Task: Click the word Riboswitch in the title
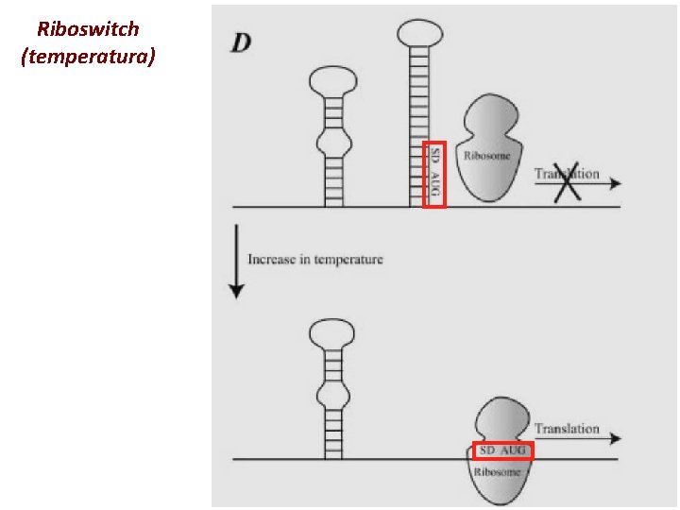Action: click(88, 29)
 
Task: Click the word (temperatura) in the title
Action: click(88, 58)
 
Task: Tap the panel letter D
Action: click(241, 43)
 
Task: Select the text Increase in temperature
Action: click(315, 259)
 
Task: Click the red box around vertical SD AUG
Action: click(433, 175)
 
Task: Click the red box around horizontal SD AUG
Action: click(502, 450)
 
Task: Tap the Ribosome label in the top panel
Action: click(486, 155)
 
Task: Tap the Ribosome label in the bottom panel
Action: click(497, 471)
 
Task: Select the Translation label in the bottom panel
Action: click(567, 429)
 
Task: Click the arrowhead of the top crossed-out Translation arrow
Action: click(616, 182)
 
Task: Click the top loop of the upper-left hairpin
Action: click(331, 81)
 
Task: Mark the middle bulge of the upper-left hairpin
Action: click(331, 144)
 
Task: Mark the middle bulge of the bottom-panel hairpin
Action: click(331, 393)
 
